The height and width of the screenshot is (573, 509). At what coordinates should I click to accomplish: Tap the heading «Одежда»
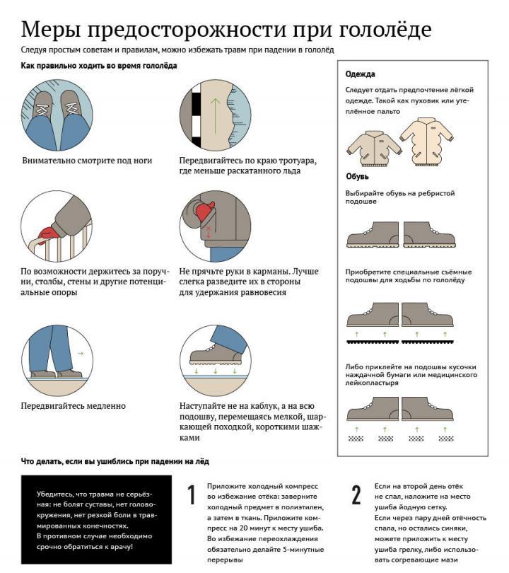[x=360, y=74]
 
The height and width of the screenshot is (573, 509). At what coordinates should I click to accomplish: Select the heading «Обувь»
[x=357, y=176]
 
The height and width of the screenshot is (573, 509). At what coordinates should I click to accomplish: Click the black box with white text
[x=96, y=520]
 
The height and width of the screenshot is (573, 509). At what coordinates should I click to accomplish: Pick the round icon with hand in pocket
[x=215, y=225]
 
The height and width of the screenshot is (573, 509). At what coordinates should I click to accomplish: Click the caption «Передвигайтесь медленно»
[x=74, y=406]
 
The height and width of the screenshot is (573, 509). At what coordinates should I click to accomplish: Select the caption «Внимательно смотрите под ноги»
[x=87, y=161]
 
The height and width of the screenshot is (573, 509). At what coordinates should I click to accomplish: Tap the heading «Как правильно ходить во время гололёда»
[x=99, y=66]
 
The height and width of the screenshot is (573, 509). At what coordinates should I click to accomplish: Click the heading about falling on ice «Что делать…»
[x=115, y=461]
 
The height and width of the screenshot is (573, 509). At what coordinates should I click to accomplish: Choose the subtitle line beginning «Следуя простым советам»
[x=177, y=50]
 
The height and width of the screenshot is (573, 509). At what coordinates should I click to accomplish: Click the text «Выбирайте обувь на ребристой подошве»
[x=399, y=197]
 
